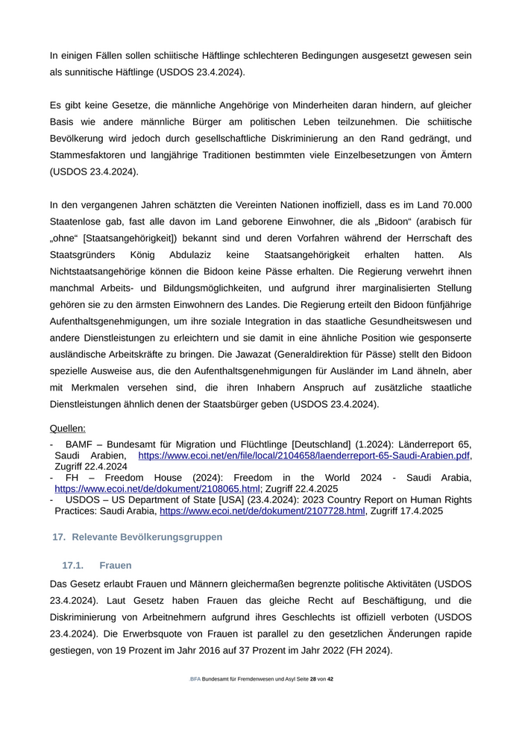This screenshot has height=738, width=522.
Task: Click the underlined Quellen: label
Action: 67,428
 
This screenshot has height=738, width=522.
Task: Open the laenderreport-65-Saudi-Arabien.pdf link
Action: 304,455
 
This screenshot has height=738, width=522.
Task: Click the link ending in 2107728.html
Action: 262,511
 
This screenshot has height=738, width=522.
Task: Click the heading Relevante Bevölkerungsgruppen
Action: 147,537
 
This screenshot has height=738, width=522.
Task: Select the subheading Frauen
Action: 115,566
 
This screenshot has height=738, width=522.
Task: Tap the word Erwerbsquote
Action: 194,634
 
